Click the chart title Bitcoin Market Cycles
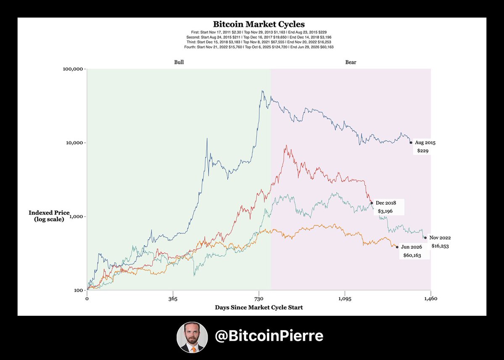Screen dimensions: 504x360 coord(259,24)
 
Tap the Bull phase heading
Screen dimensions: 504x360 coord(179,62)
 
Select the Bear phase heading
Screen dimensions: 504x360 coord(351,62)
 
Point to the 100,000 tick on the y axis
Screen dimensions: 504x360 coord(74,69)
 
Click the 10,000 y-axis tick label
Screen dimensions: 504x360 coord(75,143)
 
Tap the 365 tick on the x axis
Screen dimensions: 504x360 coord(173,298)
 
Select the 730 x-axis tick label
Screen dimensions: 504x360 coord(259,298)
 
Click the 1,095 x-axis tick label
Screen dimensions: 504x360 coord(345,298)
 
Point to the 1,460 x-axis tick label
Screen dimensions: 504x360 coord(431,298)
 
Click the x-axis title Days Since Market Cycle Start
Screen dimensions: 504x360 coord(259,307)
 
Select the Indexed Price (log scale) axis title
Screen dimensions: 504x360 coord(49,216)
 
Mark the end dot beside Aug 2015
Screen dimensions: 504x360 coord(411,143)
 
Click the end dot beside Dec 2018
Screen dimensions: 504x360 coord(372,203)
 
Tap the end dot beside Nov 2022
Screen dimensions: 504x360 coord(425,238)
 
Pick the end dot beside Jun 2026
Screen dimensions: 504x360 coord(397,247)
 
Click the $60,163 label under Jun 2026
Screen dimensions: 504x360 coord(412,255)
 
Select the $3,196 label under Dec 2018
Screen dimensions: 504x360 coord(385,212)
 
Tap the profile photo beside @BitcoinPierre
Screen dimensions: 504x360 coord(192,337)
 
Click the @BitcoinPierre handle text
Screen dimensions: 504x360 coord(269,336)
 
